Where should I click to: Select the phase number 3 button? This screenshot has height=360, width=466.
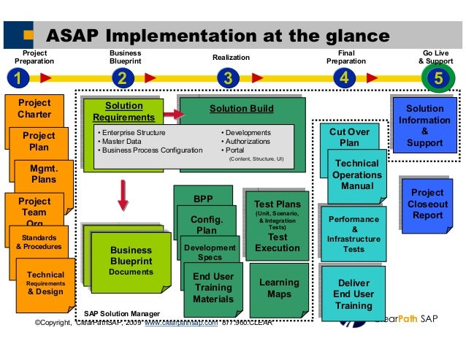pos(228,77)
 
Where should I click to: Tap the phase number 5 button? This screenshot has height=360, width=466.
pos(438,78)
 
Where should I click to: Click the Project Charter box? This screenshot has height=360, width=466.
pos(34,109)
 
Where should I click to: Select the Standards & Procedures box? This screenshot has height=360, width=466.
pos(39,242)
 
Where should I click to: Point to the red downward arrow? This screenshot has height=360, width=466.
pos(123,194)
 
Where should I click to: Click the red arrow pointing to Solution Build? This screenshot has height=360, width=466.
pos(173,115)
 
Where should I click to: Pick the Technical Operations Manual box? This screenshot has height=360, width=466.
pos(356,175)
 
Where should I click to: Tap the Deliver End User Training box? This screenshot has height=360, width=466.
pos(353,294)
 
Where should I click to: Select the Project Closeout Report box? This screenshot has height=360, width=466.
pos(427,204)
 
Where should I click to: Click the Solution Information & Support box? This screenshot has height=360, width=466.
pos(424,126)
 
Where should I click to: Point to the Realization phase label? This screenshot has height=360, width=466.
pos(231,57)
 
